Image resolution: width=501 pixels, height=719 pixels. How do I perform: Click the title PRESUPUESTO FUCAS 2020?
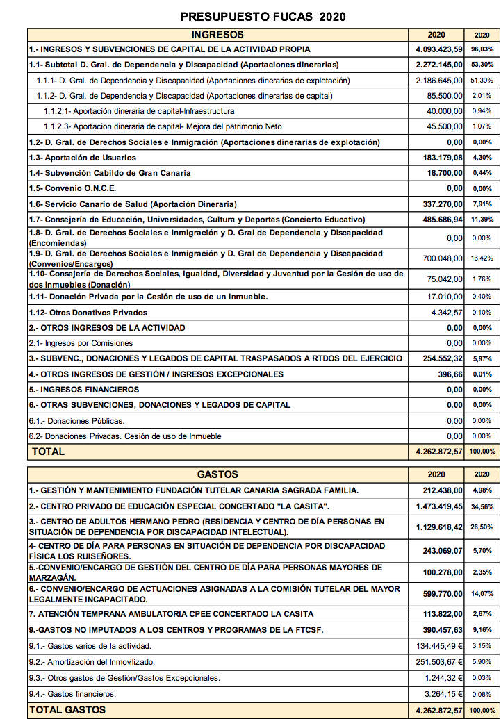[x=263, y=17]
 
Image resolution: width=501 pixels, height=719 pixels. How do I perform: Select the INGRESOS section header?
[x=217, y=34]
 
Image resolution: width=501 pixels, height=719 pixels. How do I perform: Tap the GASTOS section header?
[x=217, y=474]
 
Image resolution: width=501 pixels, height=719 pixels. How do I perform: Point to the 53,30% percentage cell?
[x=482, y=65]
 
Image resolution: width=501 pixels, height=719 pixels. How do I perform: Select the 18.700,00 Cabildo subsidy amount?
[x=445, y=173]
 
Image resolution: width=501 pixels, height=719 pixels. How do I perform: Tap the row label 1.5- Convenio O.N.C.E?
[x=72, y=188]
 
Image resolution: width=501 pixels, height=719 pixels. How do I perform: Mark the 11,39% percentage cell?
[x=482, y=220]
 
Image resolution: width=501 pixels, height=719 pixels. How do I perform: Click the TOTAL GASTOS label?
[x=67, y=709]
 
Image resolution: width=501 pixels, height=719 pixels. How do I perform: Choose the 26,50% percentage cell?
[x=482, y=527]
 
